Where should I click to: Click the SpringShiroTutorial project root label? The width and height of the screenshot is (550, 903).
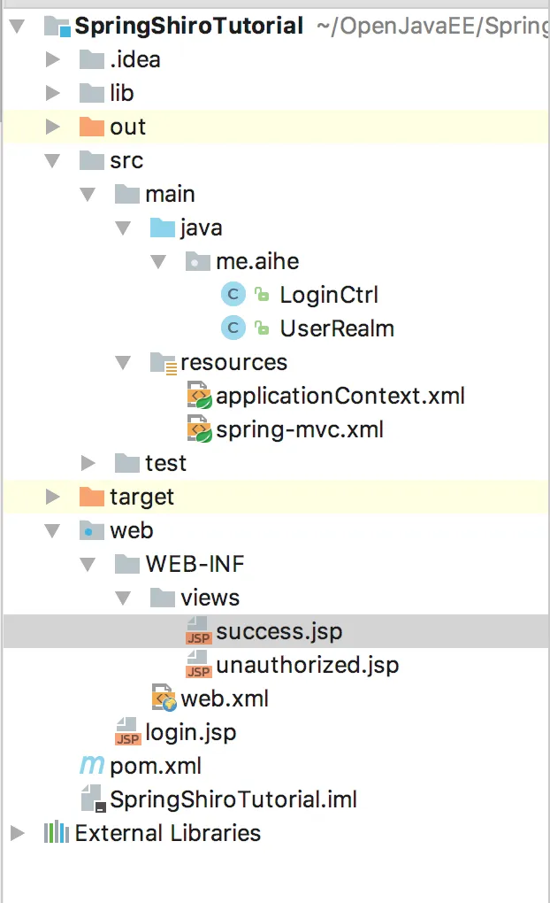click(x=188, y=26)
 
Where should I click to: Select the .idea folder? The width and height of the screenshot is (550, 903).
click(x=134, y=59)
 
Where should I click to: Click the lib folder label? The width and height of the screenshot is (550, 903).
click(x=121, y=93)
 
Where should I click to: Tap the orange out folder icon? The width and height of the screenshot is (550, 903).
click(x=91, y=127)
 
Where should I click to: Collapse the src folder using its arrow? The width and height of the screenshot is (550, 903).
click(x=52, y=161)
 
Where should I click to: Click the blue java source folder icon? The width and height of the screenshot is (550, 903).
click(x=162, y=228)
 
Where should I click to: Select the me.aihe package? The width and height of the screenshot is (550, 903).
click(x=257, y=261)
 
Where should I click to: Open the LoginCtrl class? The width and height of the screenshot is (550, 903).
click(x=329, y=295)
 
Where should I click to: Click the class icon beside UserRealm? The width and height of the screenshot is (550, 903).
click(x=233, y=328)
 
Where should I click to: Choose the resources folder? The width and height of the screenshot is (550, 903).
click(x=233, y=362)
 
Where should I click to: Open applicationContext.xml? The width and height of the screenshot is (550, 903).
click(x=340, y=396)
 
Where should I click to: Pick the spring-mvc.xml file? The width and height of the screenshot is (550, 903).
click(x=299, y=429)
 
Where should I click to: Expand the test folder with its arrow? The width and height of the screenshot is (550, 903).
click(x=88, y=463)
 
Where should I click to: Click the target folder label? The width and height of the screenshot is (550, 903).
click(x=141, y=497)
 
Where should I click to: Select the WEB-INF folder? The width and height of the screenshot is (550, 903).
click(x=195, y=564)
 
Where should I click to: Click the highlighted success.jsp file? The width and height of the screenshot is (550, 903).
click(x=279, y=631)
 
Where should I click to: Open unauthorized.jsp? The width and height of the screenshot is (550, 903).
click(x=307, y=665)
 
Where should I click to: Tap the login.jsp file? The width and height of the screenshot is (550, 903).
click(x=190, y=732)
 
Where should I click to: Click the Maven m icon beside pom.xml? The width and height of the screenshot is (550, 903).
click(x=91, y=766)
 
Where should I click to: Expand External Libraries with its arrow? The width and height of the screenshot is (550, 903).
click(x=17, y=833)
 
